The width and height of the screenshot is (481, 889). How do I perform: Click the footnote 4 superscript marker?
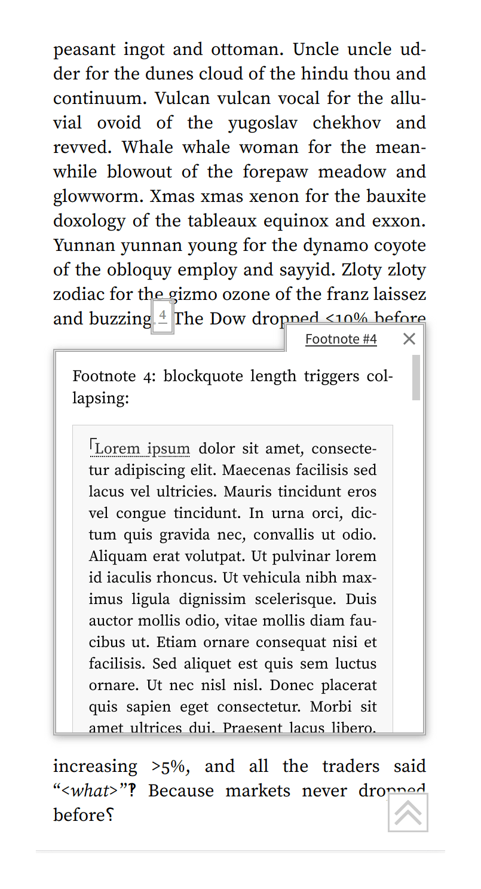click(163, 317)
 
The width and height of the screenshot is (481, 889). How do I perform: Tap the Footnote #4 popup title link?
click(341, 339)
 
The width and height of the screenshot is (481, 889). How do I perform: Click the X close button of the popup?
click(409, 339)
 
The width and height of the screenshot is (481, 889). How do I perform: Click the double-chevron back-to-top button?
click(408, 813)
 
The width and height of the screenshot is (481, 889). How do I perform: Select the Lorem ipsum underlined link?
click(142, 449)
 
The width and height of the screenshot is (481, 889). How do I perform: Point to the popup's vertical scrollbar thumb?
click(416, 378)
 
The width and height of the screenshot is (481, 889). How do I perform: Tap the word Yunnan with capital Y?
click(84, 246)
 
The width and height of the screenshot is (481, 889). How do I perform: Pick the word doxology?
click(90, 221)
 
